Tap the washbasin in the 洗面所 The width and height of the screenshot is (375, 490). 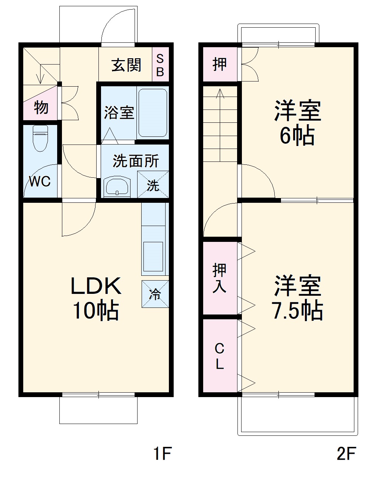coord(117,187)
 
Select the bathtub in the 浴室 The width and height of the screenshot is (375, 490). coord(153,113)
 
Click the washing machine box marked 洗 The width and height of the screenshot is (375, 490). coord(153,185)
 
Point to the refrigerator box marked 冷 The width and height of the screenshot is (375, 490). coord(155,294)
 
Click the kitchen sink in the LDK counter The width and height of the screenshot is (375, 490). coord(153,256)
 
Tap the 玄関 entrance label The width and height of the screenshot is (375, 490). coord(126,65)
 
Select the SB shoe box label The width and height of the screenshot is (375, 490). coord(160,65)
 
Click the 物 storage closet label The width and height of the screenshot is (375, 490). coord(41,108)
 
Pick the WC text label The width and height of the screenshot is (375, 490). coord(40,181)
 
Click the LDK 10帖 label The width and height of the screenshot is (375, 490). coord(96,298)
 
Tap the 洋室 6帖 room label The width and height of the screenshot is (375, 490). coord(297,123)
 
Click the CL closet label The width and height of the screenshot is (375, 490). coord(219,356)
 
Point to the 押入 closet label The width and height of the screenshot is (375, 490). coord(219,278)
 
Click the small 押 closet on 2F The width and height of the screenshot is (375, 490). coord(219,65)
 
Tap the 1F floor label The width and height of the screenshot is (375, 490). coord(162,453)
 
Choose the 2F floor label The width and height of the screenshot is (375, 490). coord(346,453)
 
